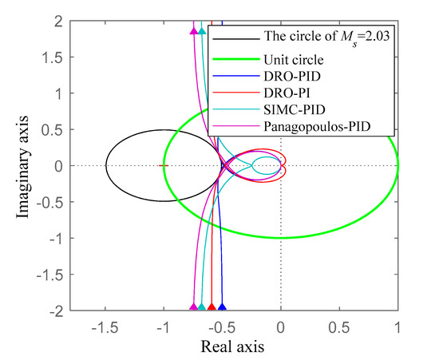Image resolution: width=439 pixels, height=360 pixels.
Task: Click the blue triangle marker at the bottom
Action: tap(223, 307)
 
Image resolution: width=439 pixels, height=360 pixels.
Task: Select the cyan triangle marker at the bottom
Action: tap(201, 307)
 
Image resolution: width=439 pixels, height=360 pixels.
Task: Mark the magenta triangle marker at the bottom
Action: tap(193, 307)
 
